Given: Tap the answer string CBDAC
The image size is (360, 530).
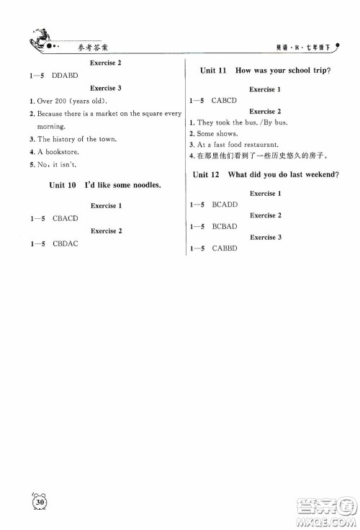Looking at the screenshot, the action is click(x=66, y=243).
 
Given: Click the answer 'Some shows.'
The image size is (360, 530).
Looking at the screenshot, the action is click(x=217, y=133).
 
